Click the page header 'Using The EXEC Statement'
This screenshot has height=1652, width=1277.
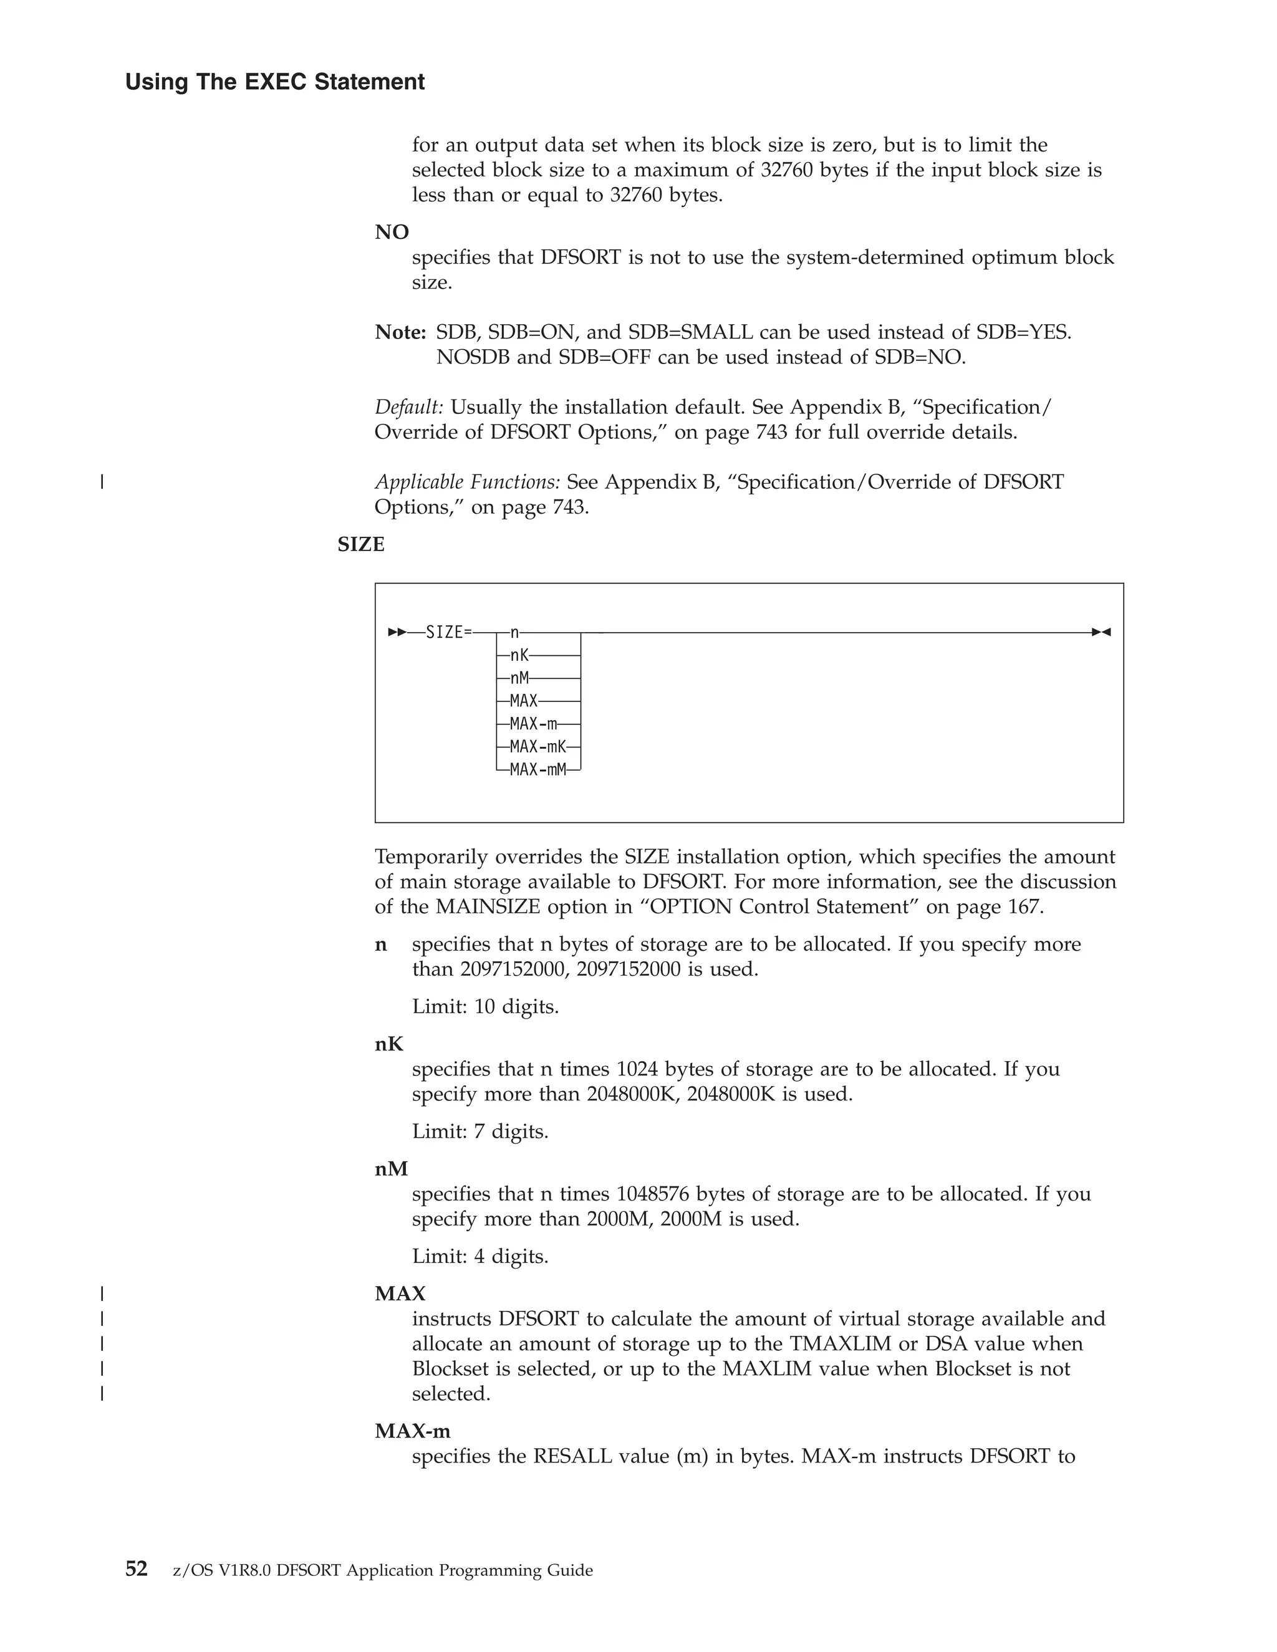click(x=274, y=82)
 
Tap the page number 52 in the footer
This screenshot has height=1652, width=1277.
click(x=136, y=1569)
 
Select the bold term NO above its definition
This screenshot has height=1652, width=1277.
click(x=392, y=233)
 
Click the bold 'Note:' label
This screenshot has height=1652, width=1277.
click(x=401, y=332)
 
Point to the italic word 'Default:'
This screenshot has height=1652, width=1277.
click(x=409, y=407)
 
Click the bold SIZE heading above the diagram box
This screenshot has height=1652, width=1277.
click(x=361, y=545)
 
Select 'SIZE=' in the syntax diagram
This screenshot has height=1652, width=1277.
click(x=448, y=632)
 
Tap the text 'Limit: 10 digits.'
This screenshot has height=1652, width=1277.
click(x=485, y=1007)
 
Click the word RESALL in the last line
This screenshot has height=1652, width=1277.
click(x=572, y=1456)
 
